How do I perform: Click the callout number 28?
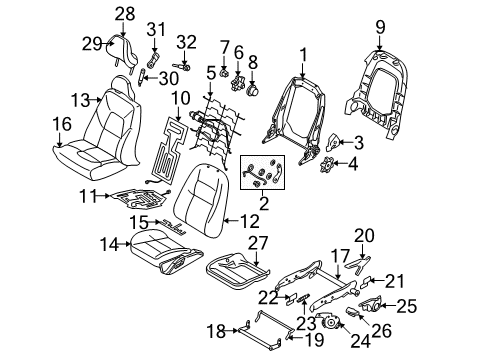[x=123, y=12]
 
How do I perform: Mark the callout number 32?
[x=186, y=41]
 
